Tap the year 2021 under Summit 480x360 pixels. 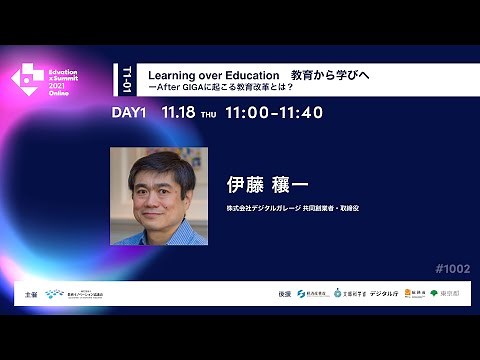[62, 86]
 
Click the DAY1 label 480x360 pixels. [130, 113]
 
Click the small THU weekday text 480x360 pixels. [209, 114]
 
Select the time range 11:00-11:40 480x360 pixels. [275, 113]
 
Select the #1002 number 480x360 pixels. [453, 268]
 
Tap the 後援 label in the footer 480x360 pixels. [285, 295]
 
